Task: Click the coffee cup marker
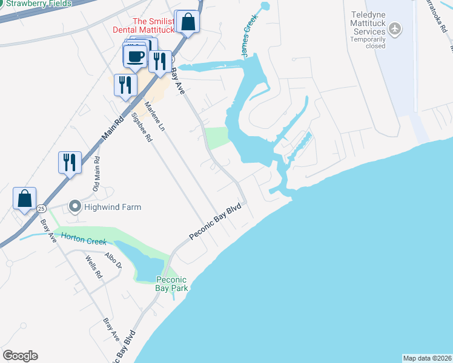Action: click(x=134, y=57)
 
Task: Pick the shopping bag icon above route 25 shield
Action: click(x=25, y=198)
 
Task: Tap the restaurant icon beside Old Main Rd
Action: click(x=70, y=162)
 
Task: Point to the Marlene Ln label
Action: click(x=154, y=117)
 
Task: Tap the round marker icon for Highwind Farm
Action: click(x=74, y=207)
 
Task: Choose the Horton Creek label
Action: click(x=82, y=241)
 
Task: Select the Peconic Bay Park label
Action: click(x=172, y=284)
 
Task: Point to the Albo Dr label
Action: click(x=113, y=261)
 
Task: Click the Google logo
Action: click(x=20, y=356)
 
